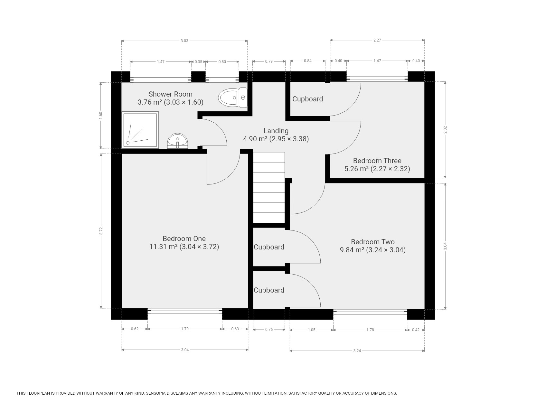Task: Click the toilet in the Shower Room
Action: [x=233, y=98]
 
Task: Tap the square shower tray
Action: [x=140, y=130]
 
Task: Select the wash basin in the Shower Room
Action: [x=177, y=141]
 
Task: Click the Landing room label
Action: [x=276, y=135]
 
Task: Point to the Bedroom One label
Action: [x=184, y=243]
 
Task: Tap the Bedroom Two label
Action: [x=373, y=246]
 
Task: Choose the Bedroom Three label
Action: [x=377, y=165]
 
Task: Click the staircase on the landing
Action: [x=269, y=187]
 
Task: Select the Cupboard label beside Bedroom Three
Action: [x=307, y=99]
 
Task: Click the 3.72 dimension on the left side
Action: [x=101, y=231]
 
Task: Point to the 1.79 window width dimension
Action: [x=185, y=329]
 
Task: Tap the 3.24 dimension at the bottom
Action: [x=357, y=351]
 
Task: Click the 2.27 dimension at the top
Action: [x=377, y=40]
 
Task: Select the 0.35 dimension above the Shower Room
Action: [x=199, y=61]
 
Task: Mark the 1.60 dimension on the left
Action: [x=101, y=115]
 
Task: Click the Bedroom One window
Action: [x=185, y=311]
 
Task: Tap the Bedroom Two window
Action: [x=370, y=312]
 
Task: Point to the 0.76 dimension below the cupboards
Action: [x=269, y=329]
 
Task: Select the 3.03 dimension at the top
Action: [x=184, y=41]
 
